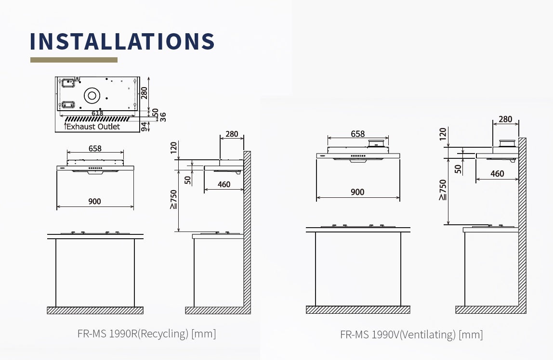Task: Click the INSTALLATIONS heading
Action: point(122,41)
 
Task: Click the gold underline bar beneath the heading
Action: point(74,60)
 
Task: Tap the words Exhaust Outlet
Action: point(93,127)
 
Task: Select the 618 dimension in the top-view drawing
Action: point(97,113)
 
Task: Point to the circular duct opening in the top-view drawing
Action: point(92,95)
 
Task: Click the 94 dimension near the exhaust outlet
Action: point(144,127)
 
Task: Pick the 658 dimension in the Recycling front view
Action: point(95,148)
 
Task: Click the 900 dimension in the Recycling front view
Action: point(94,201)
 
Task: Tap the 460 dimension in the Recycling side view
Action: point(224,184)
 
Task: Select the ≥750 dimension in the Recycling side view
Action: point(173,199)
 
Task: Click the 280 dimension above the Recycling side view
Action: point(232,134)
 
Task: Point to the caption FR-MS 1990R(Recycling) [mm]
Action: point(147,334)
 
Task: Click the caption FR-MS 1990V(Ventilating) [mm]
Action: point(411,334)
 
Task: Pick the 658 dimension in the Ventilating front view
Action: point(357,134)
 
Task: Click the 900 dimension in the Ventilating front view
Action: point(357,192)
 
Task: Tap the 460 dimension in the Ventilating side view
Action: point(497,174)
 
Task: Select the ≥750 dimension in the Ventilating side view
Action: point(443,190)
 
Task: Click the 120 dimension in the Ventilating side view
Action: point(443,134)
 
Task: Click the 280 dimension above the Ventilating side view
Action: point(505,119)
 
